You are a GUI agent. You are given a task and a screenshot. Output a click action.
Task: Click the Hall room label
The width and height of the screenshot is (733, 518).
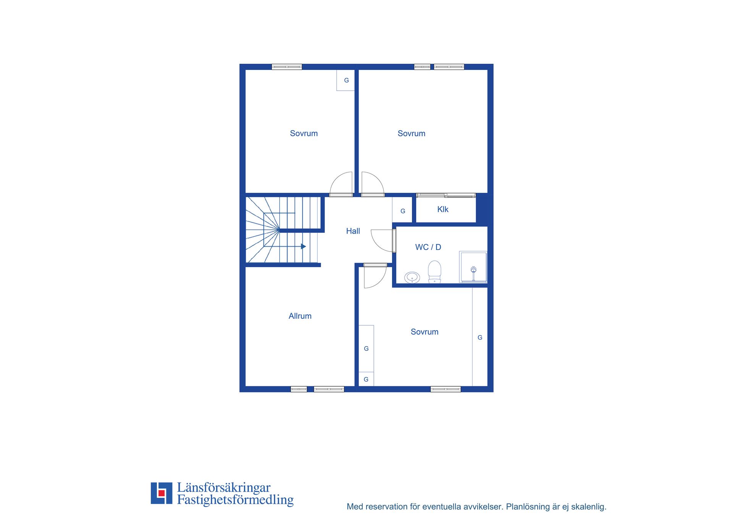[353, 231]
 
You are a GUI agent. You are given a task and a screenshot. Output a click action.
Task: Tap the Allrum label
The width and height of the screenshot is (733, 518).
[300, 316]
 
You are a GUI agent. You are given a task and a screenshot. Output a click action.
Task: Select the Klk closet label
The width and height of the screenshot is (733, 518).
[443, 209]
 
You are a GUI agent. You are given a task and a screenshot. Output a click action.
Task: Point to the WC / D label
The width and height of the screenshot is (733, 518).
[428, 247]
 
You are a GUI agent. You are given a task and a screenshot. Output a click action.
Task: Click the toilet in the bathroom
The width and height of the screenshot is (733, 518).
[434, 272]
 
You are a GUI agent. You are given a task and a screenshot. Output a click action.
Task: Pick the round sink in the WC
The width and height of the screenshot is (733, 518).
[412, 278]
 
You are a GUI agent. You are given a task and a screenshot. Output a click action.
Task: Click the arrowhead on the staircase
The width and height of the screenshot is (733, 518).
[304, 247]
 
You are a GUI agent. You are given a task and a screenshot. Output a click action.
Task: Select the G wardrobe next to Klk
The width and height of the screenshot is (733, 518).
[402, 210]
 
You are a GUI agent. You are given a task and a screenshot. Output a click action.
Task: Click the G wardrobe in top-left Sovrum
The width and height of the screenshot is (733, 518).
[346, 80]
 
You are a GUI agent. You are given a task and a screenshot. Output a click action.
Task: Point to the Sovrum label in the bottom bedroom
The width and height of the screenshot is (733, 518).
[425, 332]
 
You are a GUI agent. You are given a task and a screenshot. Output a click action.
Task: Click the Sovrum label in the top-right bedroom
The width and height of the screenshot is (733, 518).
[411, 134]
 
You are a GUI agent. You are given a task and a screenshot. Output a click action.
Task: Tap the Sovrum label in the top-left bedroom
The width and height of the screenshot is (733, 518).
[304, 134]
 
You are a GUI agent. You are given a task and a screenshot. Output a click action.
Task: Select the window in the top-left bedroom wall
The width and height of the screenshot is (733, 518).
[287, 67]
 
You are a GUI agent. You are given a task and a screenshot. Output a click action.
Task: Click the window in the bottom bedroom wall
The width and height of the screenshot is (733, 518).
[446, 389]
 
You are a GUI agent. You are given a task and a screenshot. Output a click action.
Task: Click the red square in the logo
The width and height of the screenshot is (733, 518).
[161, 493]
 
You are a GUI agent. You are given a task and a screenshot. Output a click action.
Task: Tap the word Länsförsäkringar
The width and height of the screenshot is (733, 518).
[224, 487]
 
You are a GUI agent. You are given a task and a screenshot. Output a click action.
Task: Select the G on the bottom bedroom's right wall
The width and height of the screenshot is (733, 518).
[480, 337]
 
